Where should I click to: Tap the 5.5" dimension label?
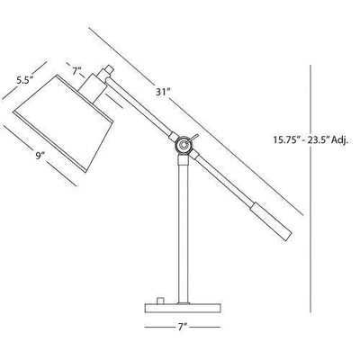pyautogui.click(x=26, y=79)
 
